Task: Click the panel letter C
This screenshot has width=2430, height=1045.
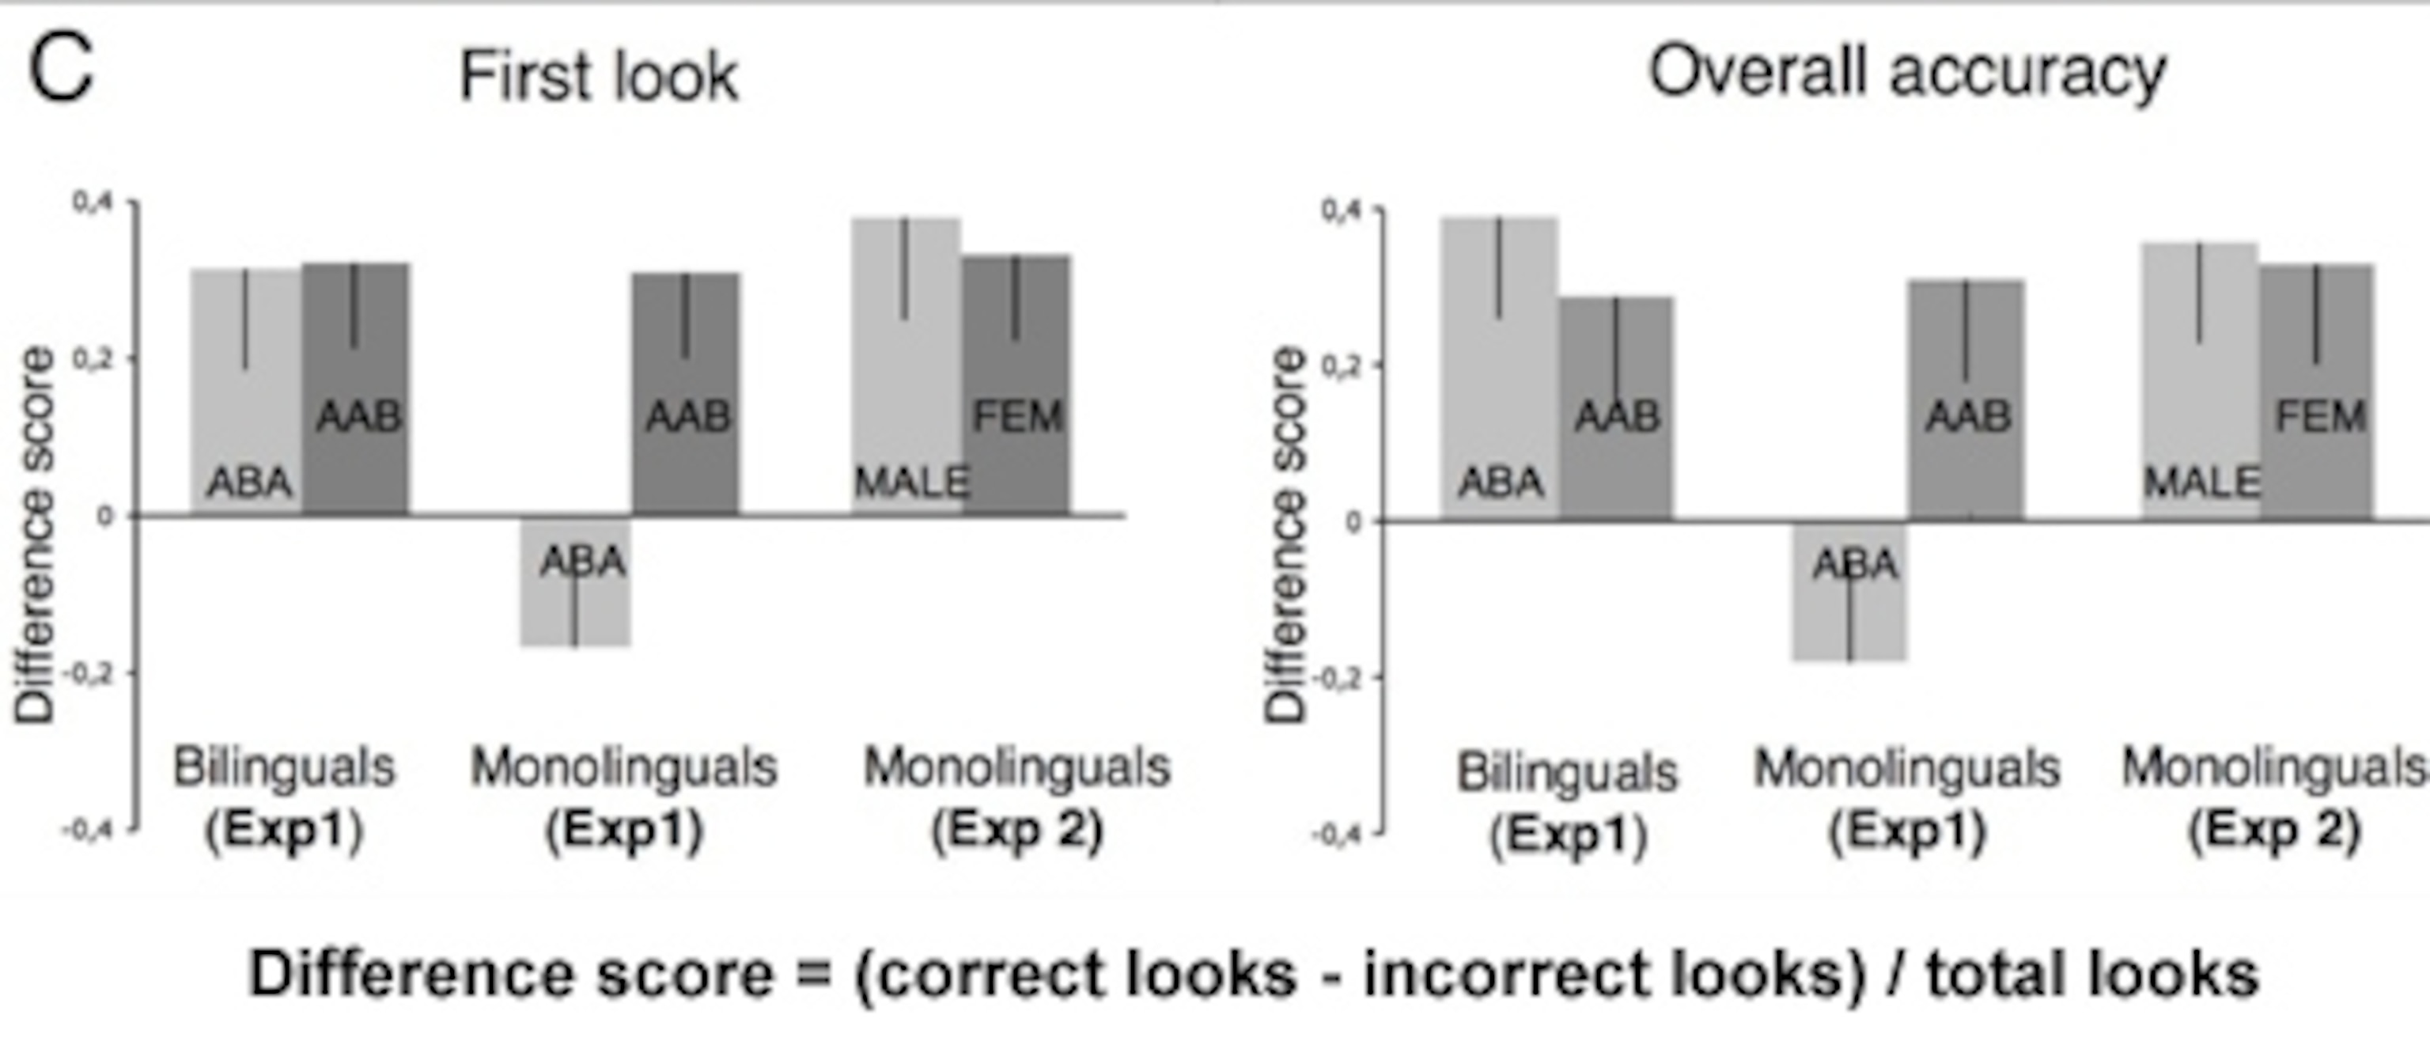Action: pos(62,72)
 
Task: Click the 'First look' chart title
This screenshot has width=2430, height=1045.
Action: pos(599,77)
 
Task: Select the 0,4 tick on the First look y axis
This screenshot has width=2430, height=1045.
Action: pos(93,203)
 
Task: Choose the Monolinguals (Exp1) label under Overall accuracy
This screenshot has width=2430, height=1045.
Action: pos(1906,800)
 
